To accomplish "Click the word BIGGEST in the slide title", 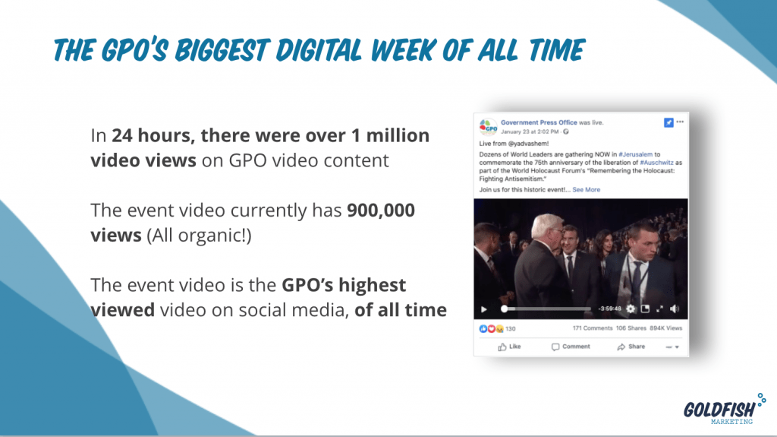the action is coord(221,50).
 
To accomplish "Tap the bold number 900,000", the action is coord(381,210).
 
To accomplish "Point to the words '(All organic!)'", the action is coord(200,236).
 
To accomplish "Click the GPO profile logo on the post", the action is coord(488,127).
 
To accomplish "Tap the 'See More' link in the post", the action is coord(587,190).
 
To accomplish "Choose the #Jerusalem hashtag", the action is coord(635,154).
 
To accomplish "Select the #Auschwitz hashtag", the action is coord(656,163).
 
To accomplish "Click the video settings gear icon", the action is coord(631,309).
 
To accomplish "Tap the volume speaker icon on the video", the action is coord(675,309).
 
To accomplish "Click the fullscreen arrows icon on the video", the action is coord(659,309).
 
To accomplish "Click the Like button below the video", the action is coord(509,347).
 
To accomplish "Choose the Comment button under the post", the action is coord(571,347).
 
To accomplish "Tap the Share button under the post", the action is coord(631,347).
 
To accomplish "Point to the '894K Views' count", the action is coord(666,328).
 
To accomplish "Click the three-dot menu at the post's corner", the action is coord(680,122).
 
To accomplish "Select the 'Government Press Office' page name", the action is coord(539,122).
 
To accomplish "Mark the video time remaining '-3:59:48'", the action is coord(609,309).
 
